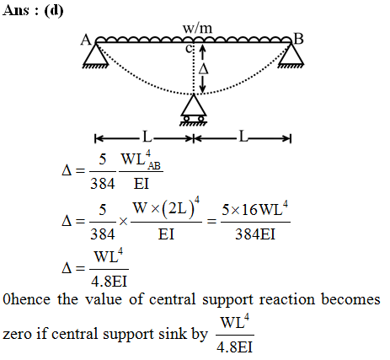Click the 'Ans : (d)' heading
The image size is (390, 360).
[33, 11]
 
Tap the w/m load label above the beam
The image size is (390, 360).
[198, 28]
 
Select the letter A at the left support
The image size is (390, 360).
[86, 40]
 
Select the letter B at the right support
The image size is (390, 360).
[298, 39]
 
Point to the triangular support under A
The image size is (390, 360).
[96, 56]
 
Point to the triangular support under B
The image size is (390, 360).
[291, 56]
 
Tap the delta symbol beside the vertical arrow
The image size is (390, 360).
[204, 68]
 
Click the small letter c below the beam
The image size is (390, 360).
[189, 49]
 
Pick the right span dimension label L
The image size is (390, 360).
[243, 137]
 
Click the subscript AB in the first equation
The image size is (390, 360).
[154, 166]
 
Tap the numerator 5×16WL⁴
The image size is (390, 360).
[255, 209]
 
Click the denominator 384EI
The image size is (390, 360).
[255, 234]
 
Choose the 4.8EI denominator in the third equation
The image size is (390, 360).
[110, 282]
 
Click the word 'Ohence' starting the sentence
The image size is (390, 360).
[26, 299]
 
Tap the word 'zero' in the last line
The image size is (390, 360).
[17, 335]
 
